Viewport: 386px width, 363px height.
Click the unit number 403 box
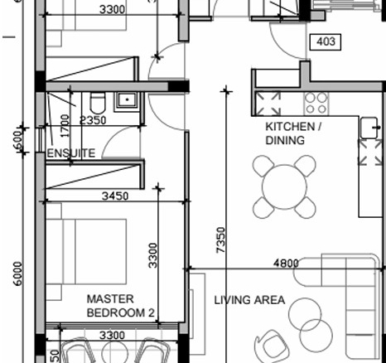point(326,42)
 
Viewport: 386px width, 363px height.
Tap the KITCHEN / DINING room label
point(293,133)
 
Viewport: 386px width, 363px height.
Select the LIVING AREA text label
point(249,300)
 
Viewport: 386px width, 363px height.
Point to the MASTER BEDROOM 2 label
point(120,306)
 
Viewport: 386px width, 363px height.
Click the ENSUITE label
point(71,153)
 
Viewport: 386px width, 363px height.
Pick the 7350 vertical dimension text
point(221,240)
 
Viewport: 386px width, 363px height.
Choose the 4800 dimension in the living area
point(286,263)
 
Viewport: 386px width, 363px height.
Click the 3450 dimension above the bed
point(115,196)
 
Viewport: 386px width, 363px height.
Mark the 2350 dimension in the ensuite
point(93,120)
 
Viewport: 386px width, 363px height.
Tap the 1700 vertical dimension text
point(65,126)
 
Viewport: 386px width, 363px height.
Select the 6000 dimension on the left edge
point(17,273)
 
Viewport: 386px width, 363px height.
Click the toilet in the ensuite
point(98,103)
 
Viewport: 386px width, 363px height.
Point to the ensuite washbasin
point(127,100)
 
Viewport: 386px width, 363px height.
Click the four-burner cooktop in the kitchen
point(316,104)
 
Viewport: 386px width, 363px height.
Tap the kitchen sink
point(369,128)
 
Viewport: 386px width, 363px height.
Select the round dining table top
point(284,186)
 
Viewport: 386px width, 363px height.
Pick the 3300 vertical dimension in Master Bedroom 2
point(152,255)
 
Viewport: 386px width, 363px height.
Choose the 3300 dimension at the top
point(112,9)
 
